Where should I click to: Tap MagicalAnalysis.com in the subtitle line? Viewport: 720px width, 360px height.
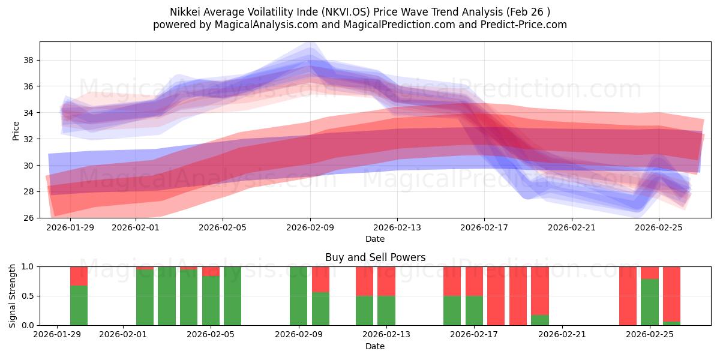tap(265, 25)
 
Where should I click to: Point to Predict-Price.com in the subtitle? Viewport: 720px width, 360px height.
tap(523, 25)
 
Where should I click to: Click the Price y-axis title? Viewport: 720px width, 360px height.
tap(16, 130)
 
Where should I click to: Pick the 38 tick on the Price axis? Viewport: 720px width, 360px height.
tap(28, 61)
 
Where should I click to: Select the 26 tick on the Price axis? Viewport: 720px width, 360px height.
tap(28, 218)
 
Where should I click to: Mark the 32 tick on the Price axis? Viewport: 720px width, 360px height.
tap(28, 139)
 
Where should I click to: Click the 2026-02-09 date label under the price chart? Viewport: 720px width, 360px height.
tap(310, 228)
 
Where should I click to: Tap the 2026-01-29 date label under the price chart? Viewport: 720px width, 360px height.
tap(70, 228)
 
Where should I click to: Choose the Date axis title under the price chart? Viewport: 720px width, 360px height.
tap(375, 239)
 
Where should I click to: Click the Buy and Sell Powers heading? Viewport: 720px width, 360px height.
tap(375, 257)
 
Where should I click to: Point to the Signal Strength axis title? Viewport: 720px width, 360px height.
tap(13, 296)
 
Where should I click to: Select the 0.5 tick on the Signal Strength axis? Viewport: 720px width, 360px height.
tap(28, 296)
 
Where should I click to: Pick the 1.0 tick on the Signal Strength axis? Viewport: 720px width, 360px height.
tap(28, 266)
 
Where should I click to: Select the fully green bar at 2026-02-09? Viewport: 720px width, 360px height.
tap(298, 296)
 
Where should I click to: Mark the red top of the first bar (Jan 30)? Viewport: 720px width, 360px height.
tap(79, 275)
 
